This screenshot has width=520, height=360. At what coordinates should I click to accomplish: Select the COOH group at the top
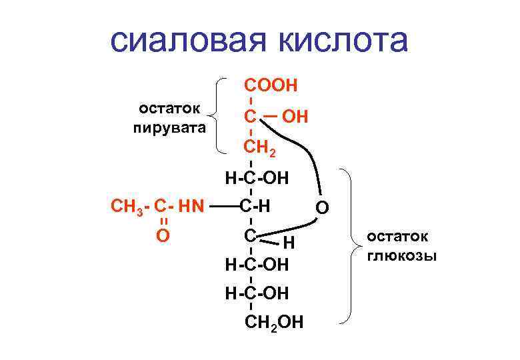pos(271,85)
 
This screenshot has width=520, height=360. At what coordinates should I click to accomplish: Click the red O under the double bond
pos(161,235)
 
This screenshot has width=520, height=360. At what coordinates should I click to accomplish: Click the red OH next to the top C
pos(295,117)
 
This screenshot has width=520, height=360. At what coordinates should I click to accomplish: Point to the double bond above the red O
pos(161,219)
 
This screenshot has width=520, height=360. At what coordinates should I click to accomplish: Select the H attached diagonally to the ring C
pos(289,242)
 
